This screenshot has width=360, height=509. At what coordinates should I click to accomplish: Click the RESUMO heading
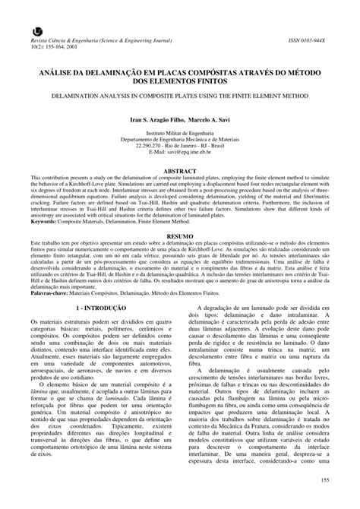[x=180, y=237]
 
